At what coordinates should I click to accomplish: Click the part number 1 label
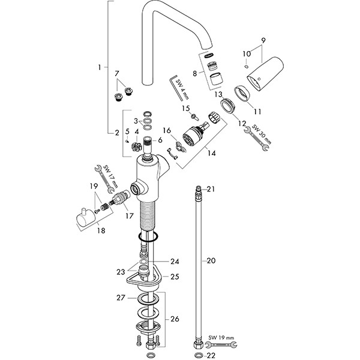tap(99, 68)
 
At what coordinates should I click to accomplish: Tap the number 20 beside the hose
tap(211, 260)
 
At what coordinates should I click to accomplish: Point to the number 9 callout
tap(262, 40)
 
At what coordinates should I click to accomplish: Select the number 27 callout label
tap(120, 297)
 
